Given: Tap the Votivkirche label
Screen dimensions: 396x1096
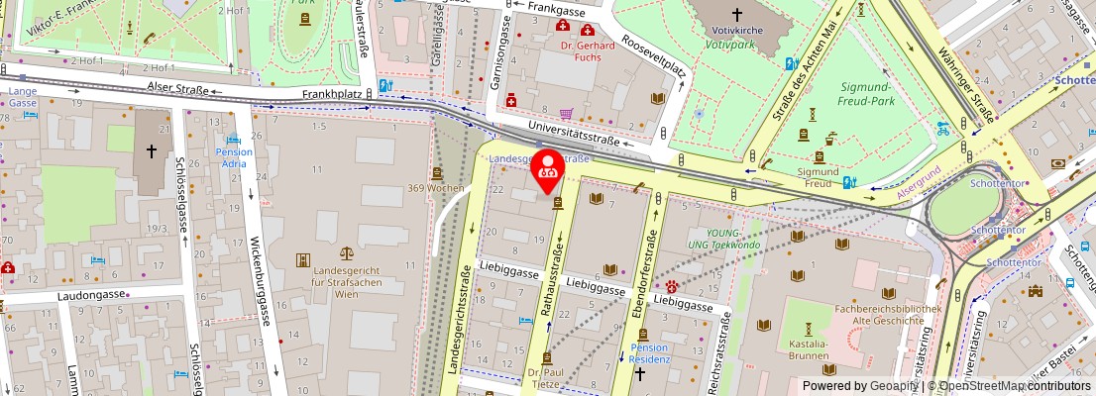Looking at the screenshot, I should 736,31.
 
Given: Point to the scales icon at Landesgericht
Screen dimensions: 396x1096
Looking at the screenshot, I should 346,255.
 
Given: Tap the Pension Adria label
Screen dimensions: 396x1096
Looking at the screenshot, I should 234,158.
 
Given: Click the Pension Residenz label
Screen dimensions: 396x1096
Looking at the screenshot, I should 650,353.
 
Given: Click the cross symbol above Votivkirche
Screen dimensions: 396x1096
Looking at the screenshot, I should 736,14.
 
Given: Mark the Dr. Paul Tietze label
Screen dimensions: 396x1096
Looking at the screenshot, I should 545,379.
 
